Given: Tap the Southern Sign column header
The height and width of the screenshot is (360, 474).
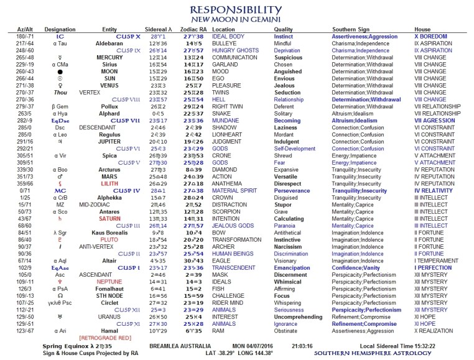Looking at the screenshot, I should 353,29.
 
